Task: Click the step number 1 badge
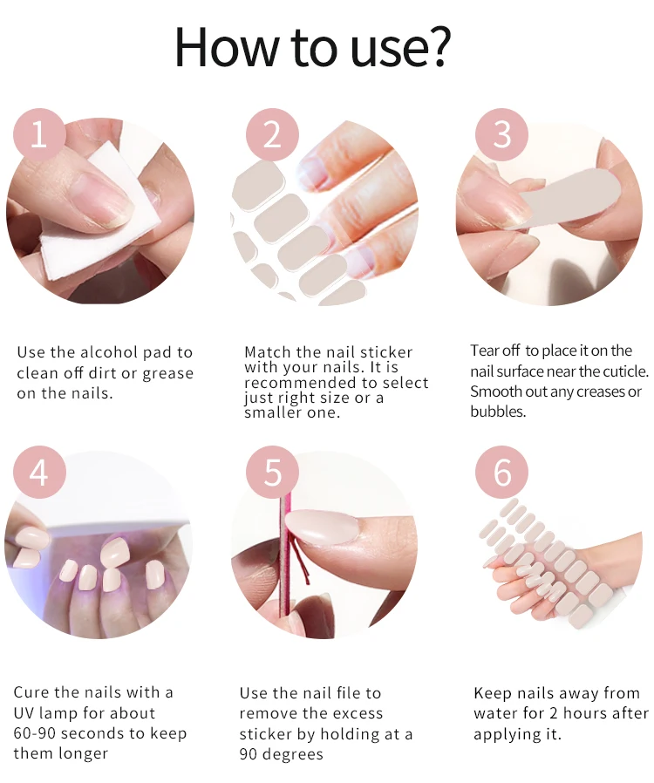tap(39, 134)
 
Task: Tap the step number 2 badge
tap(272, 134)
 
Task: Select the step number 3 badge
tap(501, 134)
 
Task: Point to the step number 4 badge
tap(39, 472)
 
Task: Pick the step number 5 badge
tap(272, 472)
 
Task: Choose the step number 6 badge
tap(501, 472)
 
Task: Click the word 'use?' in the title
tap(400, 46)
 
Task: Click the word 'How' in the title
tap(226, 46)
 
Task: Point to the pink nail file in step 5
tap(285, 559)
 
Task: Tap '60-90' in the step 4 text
tap(34, 733)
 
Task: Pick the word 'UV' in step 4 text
tap(24, 712)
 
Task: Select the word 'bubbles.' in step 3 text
tap(498, 412)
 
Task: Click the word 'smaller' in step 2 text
tap(270, 412)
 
